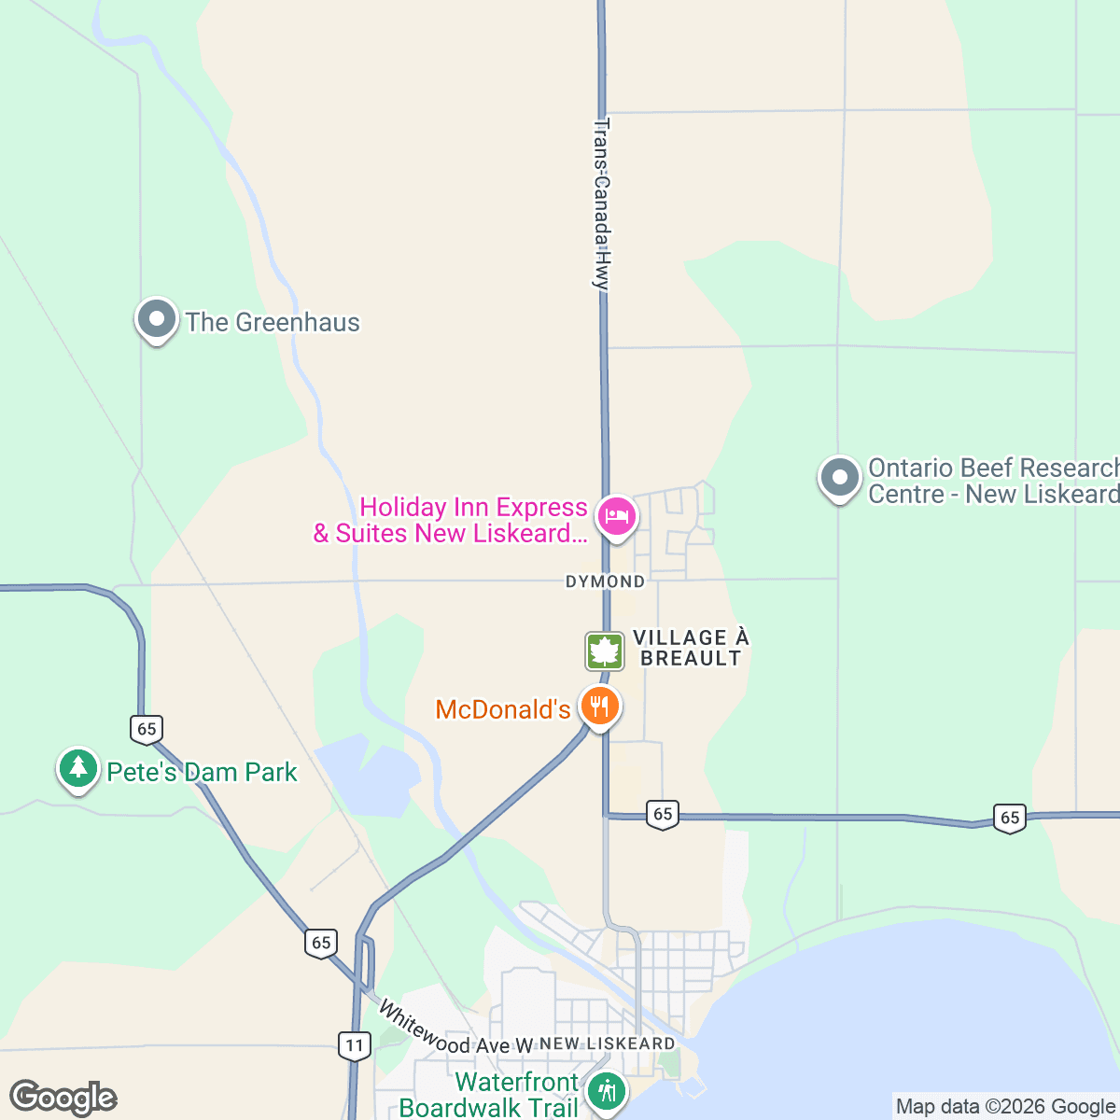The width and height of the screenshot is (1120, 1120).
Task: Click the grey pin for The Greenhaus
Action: pos(157,320)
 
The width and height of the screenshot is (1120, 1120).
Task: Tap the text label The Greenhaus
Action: pos(273,323)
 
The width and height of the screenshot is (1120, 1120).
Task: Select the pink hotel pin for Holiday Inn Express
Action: pos(617,514)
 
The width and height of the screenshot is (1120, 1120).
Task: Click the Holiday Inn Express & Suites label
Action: pos(451,521)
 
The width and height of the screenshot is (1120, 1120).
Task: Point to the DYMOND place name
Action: pos(605,581)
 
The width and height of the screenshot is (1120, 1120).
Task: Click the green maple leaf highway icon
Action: pos(605,651)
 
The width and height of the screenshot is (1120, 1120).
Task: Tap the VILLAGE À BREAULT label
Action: pos(691,648)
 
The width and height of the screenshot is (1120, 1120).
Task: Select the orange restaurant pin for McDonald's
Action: pos(599,706)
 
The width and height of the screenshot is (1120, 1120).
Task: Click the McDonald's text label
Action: pos(503,710)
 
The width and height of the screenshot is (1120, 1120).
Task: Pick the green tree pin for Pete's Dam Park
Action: pos(78,768)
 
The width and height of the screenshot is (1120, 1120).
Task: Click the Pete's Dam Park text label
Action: pos(202,773)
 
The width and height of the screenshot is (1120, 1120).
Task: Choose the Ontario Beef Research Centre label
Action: pos(993,481)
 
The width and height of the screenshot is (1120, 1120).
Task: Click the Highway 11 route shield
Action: pos(355,1045)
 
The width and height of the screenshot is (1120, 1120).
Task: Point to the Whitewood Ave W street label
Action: pos(455,1031)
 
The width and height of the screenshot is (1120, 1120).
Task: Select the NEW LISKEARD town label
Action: pos(608,1043)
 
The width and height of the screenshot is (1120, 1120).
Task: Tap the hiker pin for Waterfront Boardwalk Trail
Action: pos(608,1090)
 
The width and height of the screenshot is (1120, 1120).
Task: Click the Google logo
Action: pos(63,1099)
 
